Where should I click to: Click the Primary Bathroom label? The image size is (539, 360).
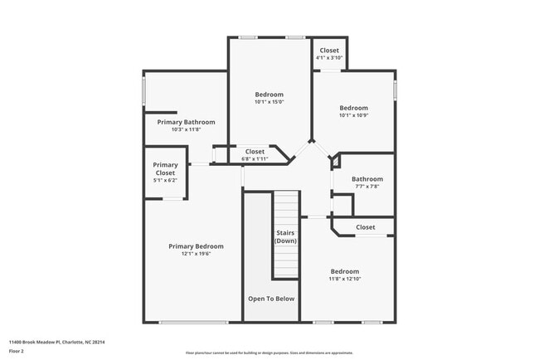coord(186,122)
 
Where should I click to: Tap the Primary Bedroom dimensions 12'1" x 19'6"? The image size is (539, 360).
coord(196,254)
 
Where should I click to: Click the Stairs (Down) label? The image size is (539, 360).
coord(285,236)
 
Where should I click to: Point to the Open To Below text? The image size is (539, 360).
coord(270,298)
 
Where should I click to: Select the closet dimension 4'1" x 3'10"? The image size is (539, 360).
coord(329,58)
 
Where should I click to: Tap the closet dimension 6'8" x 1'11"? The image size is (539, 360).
coord(255,158)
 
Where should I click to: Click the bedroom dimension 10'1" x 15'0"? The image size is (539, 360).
coord(269,102)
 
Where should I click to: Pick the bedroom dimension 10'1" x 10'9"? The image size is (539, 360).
coord(353,115)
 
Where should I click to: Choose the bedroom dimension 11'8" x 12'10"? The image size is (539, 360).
coord(345,279)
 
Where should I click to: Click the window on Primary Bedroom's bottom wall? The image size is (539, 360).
coord(192,322)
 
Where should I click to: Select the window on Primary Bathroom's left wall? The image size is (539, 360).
coord(143,90)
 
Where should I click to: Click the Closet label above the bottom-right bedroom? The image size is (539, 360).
coord(365,227)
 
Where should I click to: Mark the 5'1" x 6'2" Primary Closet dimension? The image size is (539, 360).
coord(165,180)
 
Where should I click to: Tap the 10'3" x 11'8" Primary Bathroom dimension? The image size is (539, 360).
coord(186,129)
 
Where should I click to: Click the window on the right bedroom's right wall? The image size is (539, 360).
coord(395,90)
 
